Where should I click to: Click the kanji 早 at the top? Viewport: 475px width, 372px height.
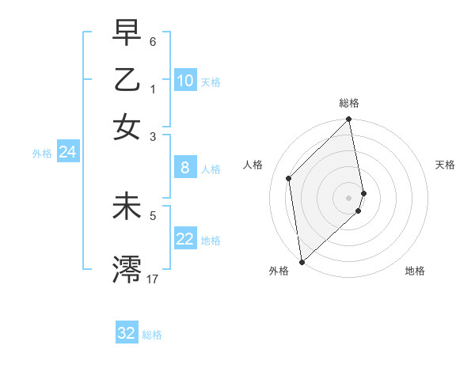tap(127, 32)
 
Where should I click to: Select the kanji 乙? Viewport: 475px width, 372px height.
tap(127, 80)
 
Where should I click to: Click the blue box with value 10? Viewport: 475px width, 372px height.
tap(185, 81)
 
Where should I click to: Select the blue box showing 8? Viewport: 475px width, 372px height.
tap(185, 168)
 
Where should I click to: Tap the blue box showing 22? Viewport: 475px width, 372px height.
tap(185, 239)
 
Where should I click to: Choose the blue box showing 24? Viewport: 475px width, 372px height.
tap(67, 152)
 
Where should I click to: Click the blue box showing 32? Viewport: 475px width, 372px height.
tap(127, 333)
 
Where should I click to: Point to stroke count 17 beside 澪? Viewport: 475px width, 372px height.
tap(152, 279)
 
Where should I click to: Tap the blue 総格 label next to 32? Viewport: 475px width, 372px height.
tap(152, 335)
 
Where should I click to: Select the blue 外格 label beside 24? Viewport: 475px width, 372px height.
tap(42, 154)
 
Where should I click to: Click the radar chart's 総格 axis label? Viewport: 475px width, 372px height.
tap(349, 103)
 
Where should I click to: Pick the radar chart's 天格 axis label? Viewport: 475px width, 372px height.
tap(446, 165)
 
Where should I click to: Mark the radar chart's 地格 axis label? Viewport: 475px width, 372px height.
tap(415, 271)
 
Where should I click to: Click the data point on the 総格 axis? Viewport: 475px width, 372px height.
tap(349, 120)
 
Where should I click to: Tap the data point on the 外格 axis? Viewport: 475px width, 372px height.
tap(302, 261)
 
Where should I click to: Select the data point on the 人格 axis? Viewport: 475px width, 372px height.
tap(289, 178)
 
